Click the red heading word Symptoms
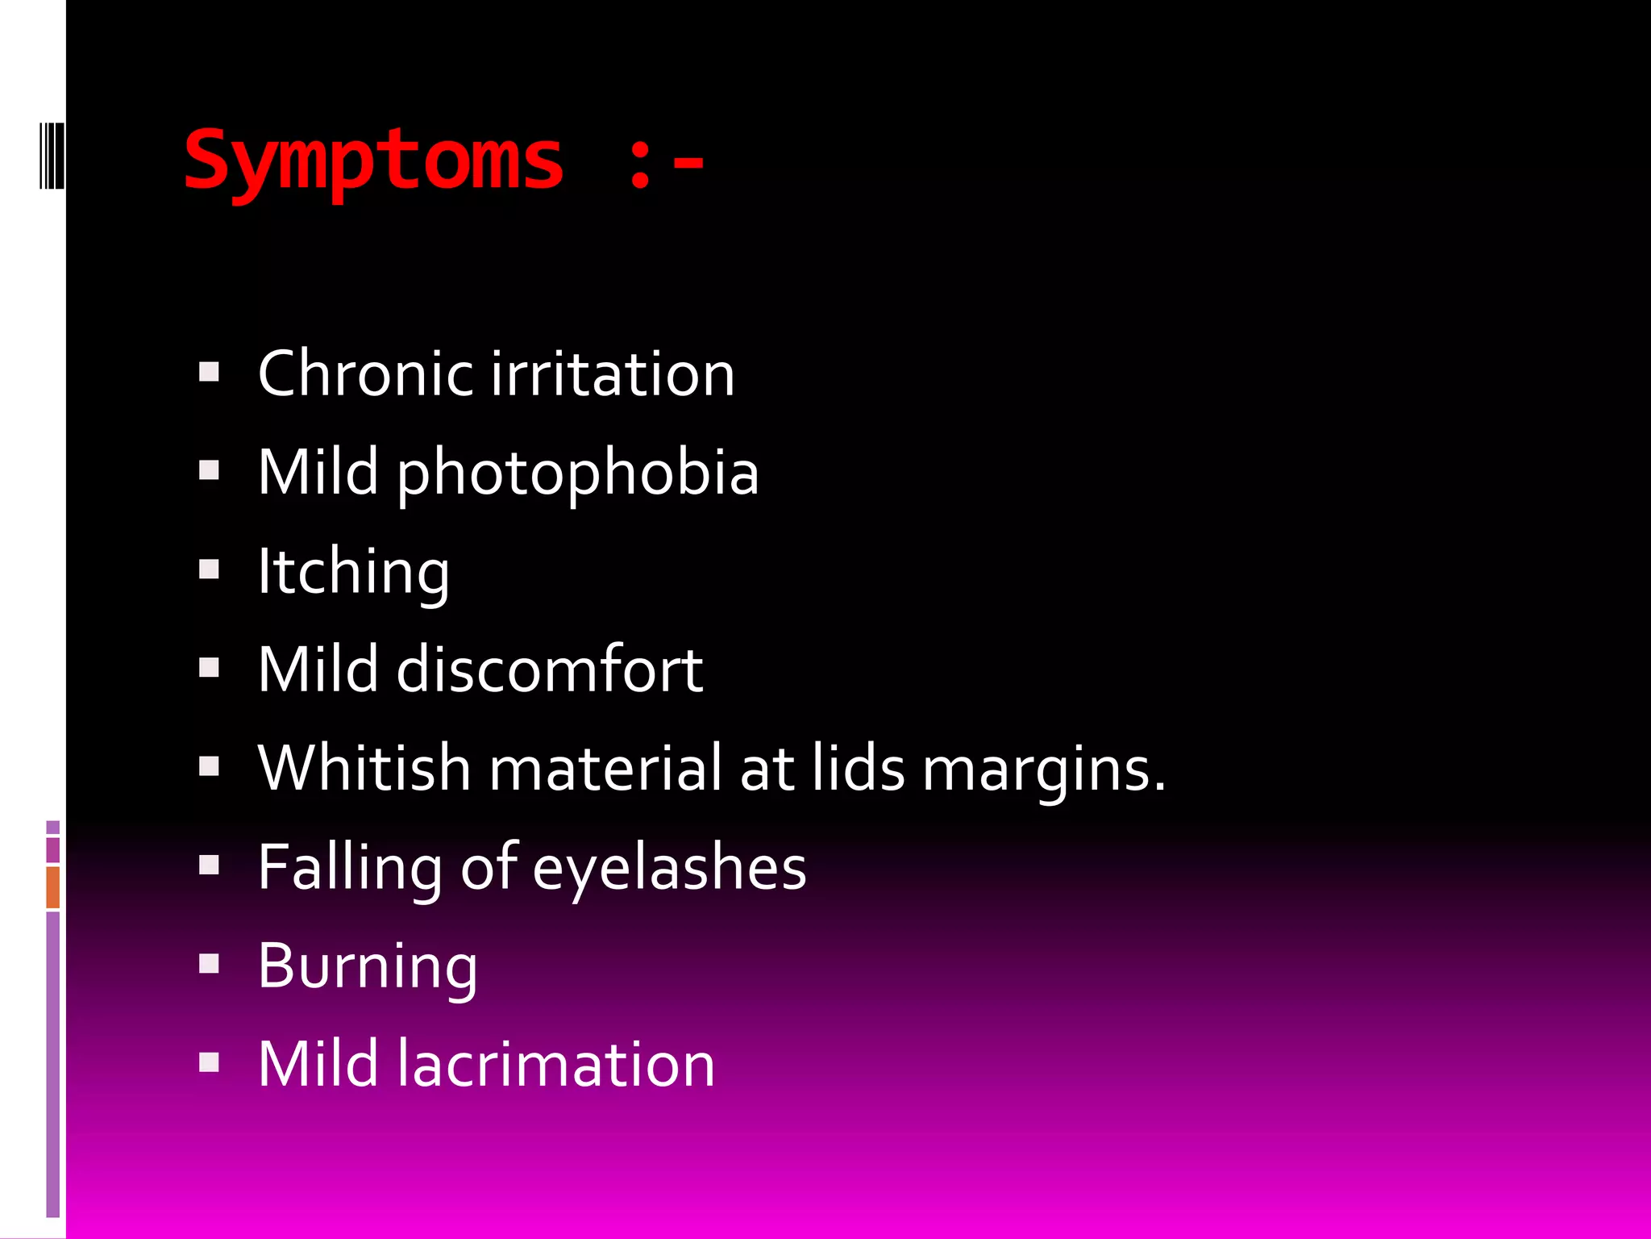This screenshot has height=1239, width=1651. (x=373, y=161)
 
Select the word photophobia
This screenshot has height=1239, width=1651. (x=577, y=473)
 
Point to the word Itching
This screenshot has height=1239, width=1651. (x=353, y=572)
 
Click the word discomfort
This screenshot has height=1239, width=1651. (x=549, y=670)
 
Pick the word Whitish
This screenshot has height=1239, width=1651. (x=364, y=768)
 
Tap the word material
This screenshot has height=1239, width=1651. (x=605, y=768)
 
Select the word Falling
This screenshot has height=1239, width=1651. (x=350, y=868)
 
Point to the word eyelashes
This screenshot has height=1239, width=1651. (x=669, y=868)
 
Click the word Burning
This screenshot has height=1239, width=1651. (x=368, y=966)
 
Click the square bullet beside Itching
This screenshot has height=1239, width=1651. (x=210, y=570)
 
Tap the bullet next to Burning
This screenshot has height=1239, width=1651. (x=210, y=964)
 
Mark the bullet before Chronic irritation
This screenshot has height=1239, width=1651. (x=210, y=372)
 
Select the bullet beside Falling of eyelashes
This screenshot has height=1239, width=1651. (x=210, y=866)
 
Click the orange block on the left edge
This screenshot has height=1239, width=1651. (x=53, y=887)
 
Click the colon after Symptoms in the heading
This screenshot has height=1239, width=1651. (x=640, y=163)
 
